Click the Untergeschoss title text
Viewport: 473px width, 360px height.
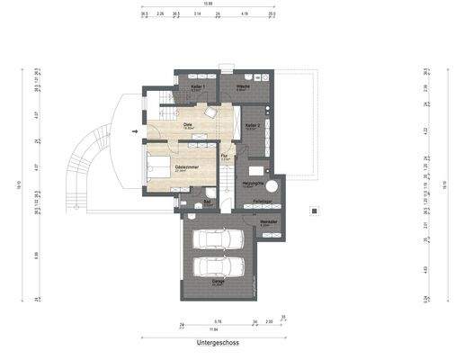point(220,343)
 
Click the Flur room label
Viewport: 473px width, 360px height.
point(226,157)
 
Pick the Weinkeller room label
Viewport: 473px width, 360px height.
point(268,221)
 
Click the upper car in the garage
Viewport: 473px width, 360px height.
point(220,240)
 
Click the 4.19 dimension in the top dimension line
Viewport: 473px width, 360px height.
point(245,15)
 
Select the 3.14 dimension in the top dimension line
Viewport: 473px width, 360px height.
point(198,15)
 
